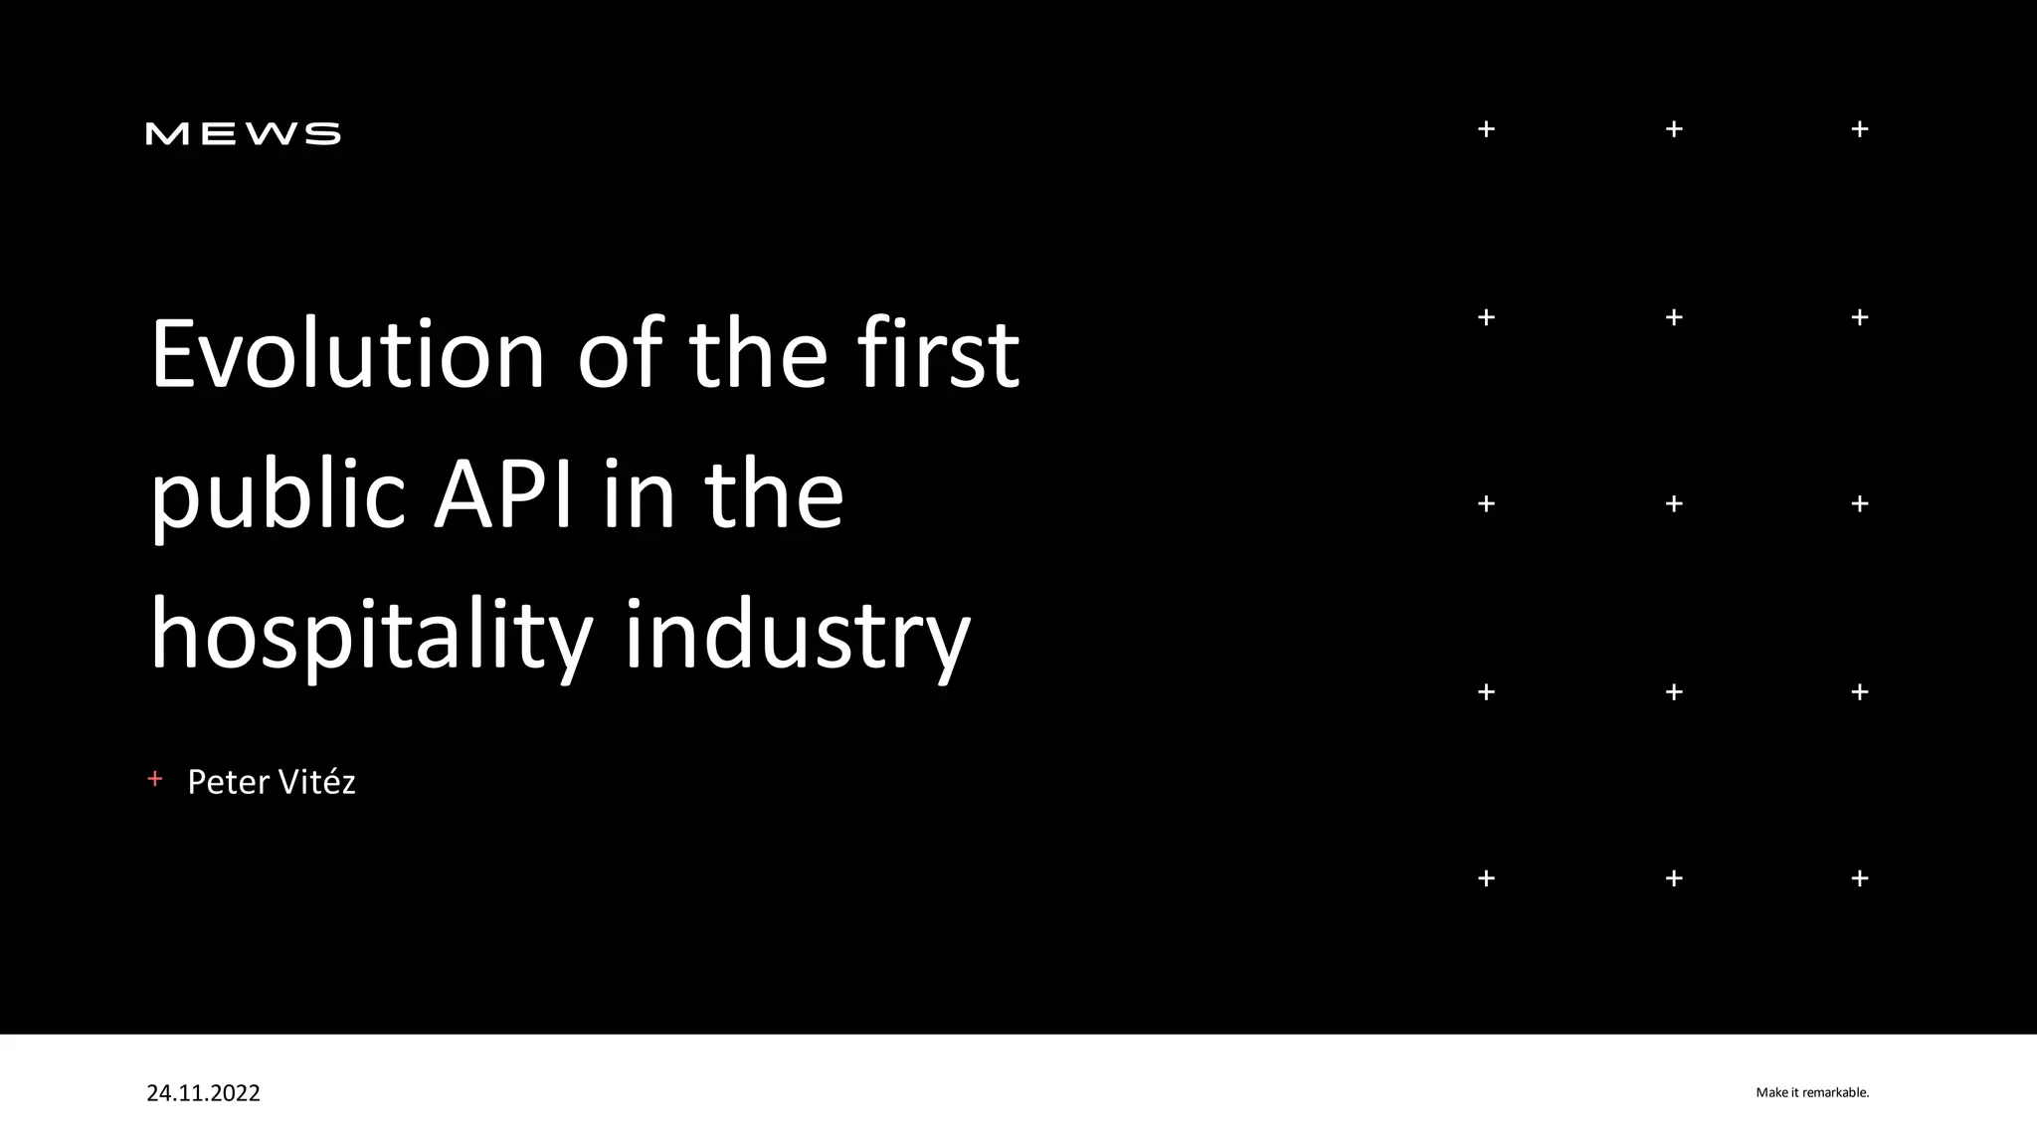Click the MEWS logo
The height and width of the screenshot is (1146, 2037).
point(243,133)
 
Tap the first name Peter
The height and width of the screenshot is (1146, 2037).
point(228,782)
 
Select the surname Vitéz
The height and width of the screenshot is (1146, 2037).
point(315,782)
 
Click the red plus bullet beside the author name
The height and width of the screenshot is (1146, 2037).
point(154,779)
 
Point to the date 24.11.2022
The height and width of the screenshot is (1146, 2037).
point(203,1093)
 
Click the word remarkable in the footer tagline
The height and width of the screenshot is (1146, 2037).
point(1835,1093)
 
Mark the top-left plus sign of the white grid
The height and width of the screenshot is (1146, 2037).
point(1486,129)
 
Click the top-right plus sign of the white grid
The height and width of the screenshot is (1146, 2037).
point(1860,129)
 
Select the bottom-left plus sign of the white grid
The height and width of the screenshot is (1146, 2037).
point(1486,878)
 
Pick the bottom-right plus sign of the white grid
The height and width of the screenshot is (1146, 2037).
point(1860,878)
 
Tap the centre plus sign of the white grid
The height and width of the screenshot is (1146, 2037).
point(1674,504)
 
